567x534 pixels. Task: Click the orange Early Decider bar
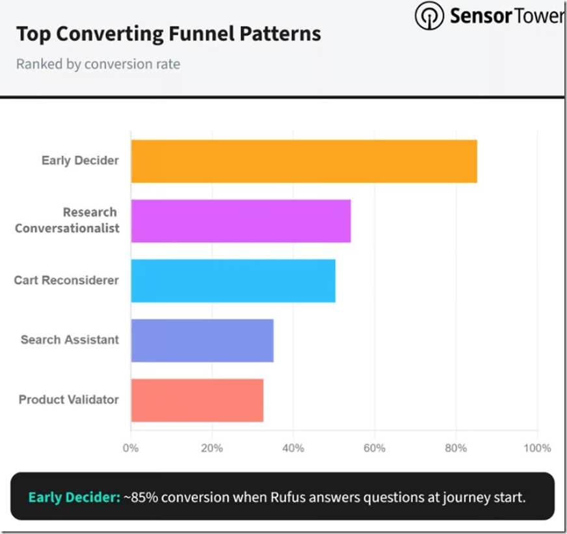[304, 161]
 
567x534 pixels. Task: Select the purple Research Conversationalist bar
[241, 221]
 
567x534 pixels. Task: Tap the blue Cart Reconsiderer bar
[233, 281]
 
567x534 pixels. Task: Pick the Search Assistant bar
[202, 340]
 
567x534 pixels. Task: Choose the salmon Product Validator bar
[197, 400]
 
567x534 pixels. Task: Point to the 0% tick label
[131, 448]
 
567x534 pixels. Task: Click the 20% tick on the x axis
[212, 448]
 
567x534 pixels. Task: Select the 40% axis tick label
[293, 448]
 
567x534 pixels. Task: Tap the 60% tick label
[375, 448]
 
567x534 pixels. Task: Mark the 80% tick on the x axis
[456, 448]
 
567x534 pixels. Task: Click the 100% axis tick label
[536, 448]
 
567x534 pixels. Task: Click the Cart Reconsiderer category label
[66, 280]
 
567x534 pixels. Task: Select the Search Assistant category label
[70, 340]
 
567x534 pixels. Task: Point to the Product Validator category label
[68, 399]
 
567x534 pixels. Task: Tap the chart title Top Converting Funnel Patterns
[168, 34]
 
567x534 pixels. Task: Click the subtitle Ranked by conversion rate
[98, 64]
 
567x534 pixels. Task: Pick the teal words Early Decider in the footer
[74, 498]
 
